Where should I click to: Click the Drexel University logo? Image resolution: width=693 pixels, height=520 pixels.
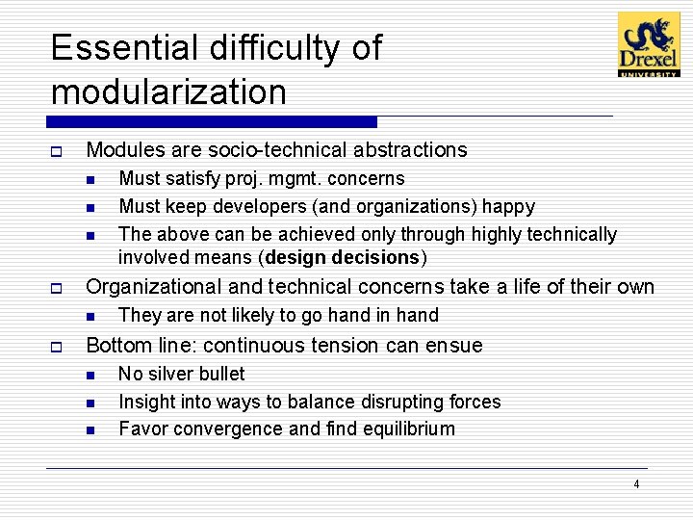point(648,44)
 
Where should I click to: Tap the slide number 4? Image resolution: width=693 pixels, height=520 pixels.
point(636,484)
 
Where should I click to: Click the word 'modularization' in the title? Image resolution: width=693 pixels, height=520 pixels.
point(168,92)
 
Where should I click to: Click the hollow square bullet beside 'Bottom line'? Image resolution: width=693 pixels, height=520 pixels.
point(57,347)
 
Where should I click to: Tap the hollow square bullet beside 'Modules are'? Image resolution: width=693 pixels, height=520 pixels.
point(57,151)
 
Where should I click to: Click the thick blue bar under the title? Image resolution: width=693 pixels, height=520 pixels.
point(212,122)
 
